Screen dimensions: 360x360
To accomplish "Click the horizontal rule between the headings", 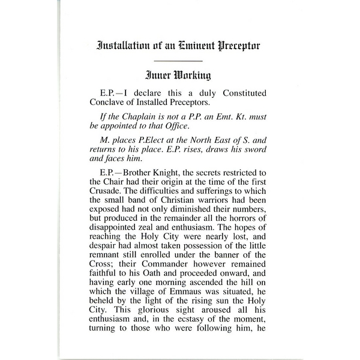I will coord(178,61).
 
